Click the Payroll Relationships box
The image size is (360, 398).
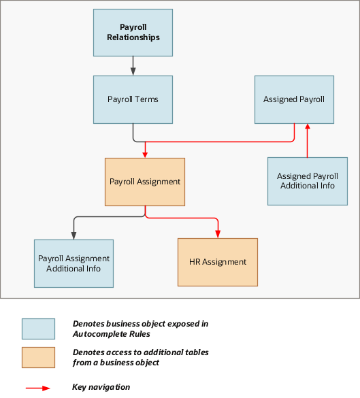click(133, 32)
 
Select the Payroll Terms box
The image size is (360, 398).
click(133, 99)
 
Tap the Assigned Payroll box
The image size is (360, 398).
click(294, 99)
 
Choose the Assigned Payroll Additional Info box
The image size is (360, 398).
click(307, 181)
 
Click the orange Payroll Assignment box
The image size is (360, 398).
click(145, 182)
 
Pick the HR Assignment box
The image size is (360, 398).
click(218, 262)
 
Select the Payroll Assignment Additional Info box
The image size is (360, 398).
click(73, 263)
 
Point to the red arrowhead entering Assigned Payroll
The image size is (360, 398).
click(308, 127)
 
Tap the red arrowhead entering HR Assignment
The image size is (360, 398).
click(218, 234)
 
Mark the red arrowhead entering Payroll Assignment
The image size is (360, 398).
click(145, 154)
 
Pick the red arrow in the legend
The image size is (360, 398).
click(39, 387)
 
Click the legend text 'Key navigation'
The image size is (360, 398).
click(101, 387)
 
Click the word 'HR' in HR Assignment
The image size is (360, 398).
click(195, 262)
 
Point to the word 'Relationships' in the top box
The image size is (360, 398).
click(133, 37)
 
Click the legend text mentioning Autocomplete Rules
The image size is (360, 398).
click(140, 329)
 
